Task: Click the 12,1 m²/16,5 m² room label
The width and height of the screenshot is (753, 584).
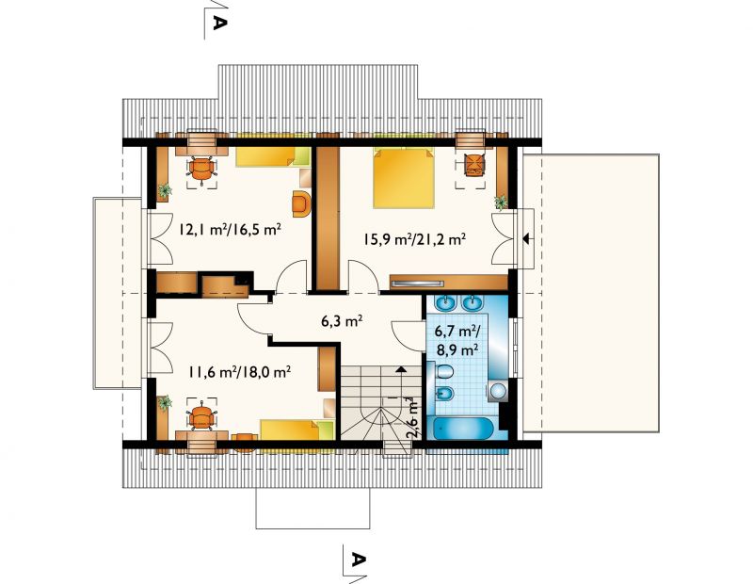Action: (x=230, y=229)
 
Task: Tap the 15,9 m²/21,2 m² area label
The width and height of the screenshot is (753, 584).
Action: (x=414, y=238)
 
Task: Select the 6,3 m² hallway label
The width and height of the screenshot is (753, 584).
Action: (x=342, y=320)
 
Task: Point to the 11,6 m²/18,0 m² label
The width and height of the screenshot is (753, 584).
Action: (x=239, y=371)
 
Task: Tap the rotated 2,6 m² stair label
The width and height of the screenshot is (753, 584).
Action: (x=412, y=416)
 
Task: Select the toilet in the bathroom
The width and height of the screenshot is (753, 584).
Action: (x=444, y=371)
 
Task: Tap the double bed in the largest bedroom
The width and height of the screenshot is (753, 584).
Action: (x=404, y=177)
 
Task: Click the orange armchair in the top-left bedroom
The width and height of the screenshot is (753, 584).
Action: (x=301, y=203)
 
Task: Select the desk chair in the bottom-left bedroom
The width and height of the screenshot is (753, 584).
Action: (x=201, y=417)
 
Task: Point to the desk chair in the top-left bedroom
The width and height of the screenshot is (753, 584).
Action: (x=201, y=169)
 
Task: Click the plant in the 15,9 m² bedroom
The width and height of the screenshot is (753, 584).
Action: (x=501, y=202)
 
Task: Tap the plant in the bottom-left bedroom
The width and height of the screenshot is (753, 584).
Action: (x=165, y=403)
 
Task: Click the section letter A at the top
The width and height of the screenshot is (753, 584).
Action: (x=218, y=22)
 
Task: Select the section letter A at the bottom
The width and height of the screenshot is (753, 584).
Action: (x=358, y=560)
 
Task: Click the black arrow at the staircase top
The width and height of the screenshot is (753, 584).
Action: (x=400, y=369)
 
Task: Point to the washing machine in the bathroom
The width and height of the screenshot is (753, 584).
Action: (x=499, y=392)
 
